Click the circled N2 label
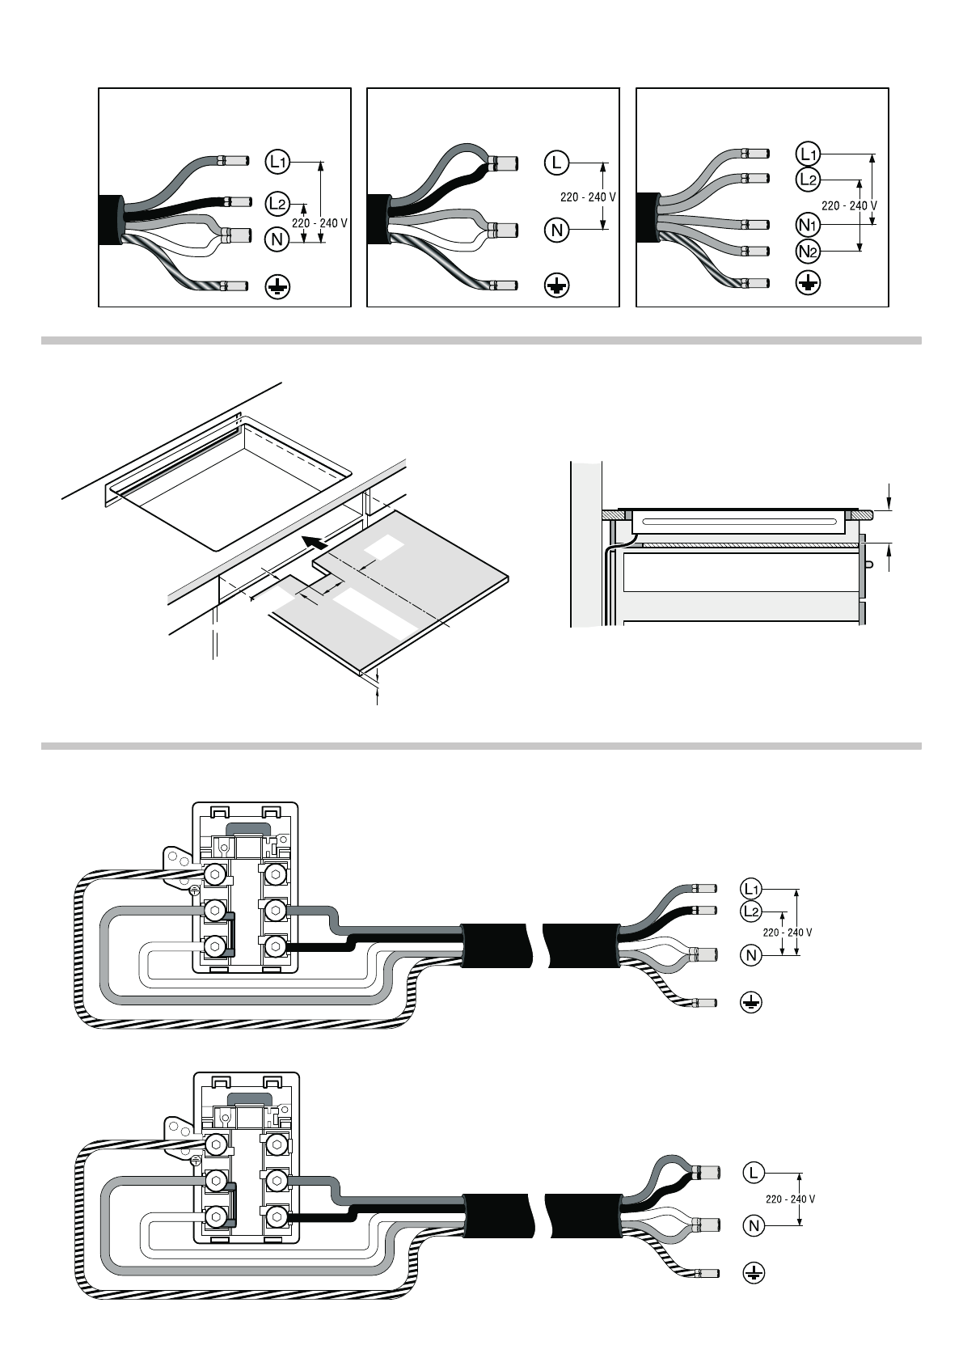(x=808, y=251)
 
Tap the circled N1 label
(x=808, y=226)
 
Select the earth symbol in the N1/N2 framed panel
(x=808, y=283)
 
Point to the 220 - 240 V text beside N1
(x=849, y=205)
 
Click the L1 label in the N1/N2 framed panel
(x=808, y=154)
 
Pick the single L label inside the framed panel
(x=556, y=163)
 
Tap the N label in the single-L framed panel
(x=556, y=231)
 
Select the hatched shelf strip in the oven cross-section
(x=752, y=545)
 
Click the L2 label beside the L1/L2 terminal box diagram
(x=751, y=911)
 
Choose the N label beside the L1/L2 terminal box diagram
(x=751, y=955)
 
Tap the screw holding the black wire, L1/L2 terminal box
(x=275, y=945)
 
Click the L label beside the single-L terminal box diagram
(x=754, y=1172)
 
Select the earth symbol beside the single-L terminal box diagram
(x=754, y=1273)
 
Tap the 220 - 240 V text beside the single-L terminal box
(x=790, y=1199)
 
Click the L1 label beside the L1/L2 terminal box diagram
(x=751, y=889)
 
